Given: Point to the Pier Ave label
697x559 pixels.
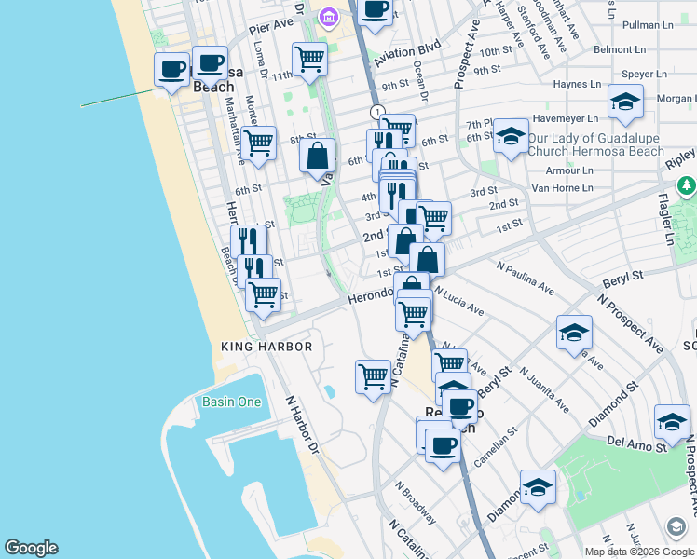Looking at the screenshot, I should click(271, 31).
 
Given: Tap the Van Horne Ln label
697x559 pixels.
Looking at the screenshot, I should click(562, 188).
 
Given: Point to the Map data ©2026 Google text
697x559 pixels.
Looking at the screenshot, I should click(640, 552).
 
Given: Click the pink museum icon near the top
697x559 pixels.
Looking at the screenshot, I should click(327, 17).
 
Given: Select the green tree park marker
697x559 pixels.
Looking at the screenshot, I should click(687, 186).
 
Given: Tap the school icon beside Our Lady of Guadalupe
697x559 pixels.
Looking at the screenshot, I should click(510, 136).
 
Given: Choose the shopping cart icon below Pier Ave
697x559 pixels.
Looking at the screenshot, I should click(309, 59).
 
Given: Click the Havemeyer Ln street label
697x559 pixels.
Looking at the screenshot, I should click(562, 118).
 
